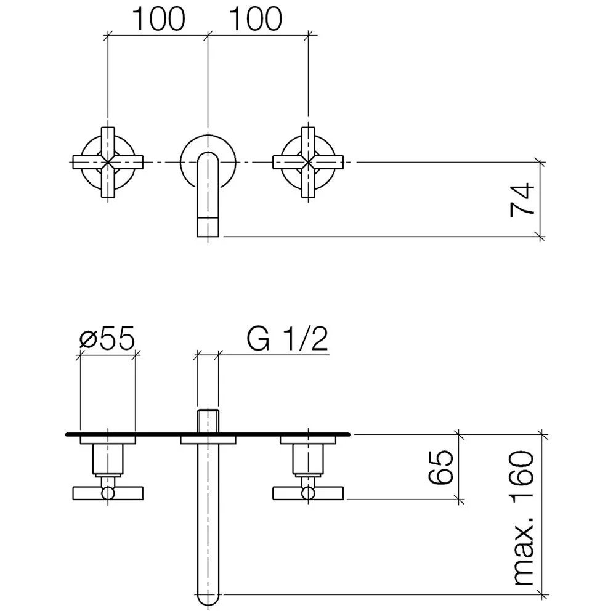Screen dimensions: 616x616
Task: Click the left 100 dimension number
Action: pyautogui.click(x=158, y=19)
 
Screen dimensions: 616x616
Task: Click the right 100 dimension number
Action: pyautogui.click(x=256, y=19)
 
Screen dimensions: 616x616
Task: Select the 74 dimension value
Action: pyautogui.click(x=522, y=199)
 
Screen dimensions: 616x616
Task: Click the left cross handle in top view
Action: pyautogui.click(x=108, y=162)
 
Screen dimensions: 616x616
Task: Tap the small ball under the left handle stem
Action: pyautogui.click(x=108, y=492)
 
